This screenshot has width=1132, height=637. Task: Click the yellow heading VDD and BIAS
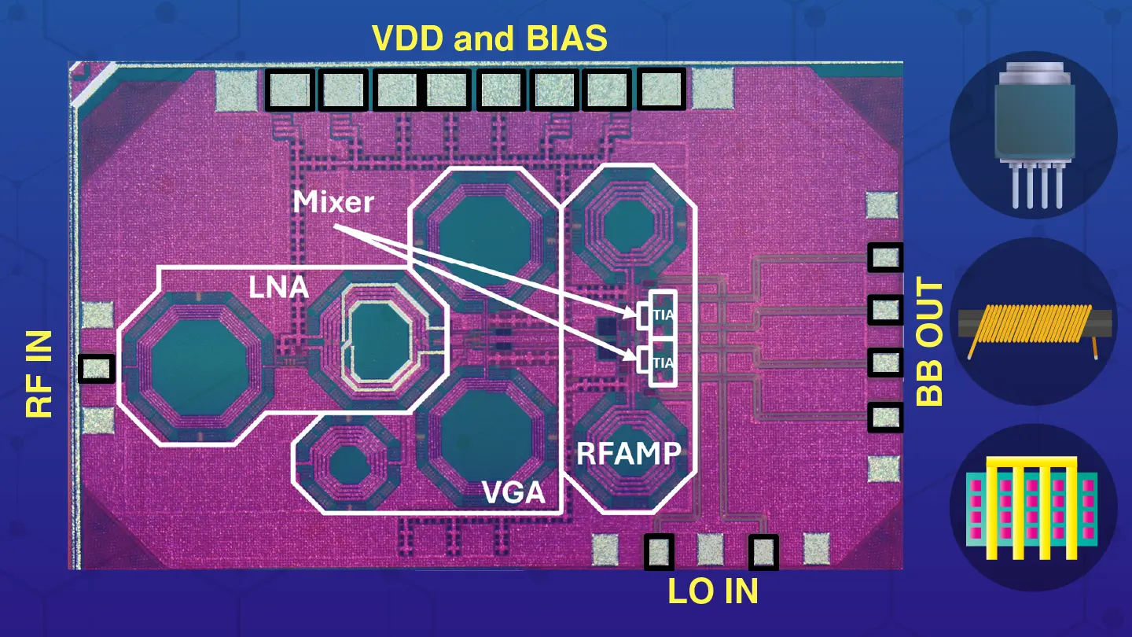489,38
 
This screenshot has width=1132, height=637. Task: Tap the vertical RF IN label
39,374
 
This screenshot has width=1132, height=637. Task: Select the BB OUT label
930,341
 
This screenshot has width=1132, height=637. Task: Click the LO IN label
713,591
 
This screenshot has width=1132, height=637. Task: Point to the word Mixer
333,202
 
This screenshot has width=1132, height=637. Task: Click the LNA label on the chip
278,287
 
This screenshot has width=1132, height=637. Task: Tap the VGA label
513,493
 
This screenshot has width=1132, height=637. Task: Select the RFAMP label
628,453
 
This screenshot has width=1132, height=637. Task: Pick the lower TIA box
663,363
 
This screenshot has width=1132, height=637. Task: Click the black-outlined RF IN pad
97,368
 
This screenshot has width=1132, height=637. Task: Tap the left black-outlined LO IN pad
659,551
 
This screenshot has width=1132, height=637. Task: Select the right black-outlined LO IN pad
763,551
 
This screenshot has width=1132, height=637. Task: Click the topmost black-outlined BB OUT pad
885,257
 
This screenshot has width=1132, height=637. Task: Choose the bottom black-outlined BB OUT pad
885,417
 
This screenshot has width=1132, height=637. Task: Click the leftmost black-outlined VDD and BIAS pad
289,89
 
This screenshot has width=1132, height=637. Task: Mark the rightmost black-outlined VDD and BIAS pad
660,88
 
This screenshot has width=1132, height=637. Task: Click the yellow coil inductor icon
1033,322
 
